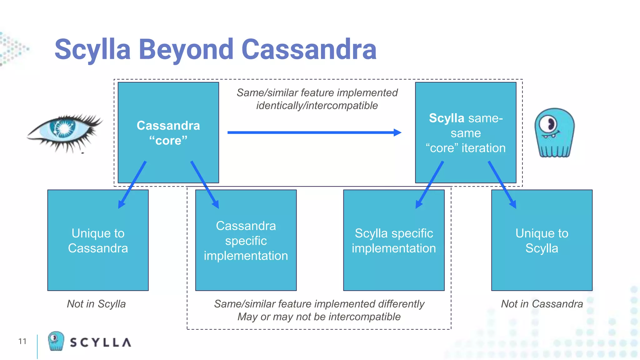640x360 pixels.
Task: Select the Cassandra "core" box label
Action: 168,133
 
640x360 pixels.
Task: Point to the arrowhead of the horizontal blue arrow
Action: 397,132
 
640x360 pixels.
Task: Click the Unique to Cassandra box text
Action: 98,241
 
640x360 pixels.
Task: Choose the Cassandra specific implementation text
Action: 246,241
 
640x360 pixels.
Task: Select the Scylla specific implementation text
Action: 394,241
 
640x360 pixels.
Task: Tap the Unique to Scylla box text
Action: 542,241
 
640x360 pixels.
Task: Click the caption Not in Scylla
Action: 96,304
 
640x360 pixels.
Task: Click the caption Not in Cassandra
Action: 542,304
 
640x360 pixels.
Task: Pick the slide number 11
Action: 22,341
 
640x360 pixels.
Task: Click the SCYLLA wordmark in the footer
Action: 100,342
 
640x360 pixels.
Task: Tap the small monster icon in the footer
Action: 56,341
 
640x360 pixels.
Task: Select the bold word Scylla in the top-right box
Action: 446,118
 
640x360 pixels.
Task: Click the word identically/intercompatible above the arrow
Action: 317,106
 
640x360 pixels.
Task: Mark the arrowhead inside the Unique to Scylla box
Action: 513,205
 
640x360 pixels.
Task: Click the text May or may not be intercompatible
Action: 319,317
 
